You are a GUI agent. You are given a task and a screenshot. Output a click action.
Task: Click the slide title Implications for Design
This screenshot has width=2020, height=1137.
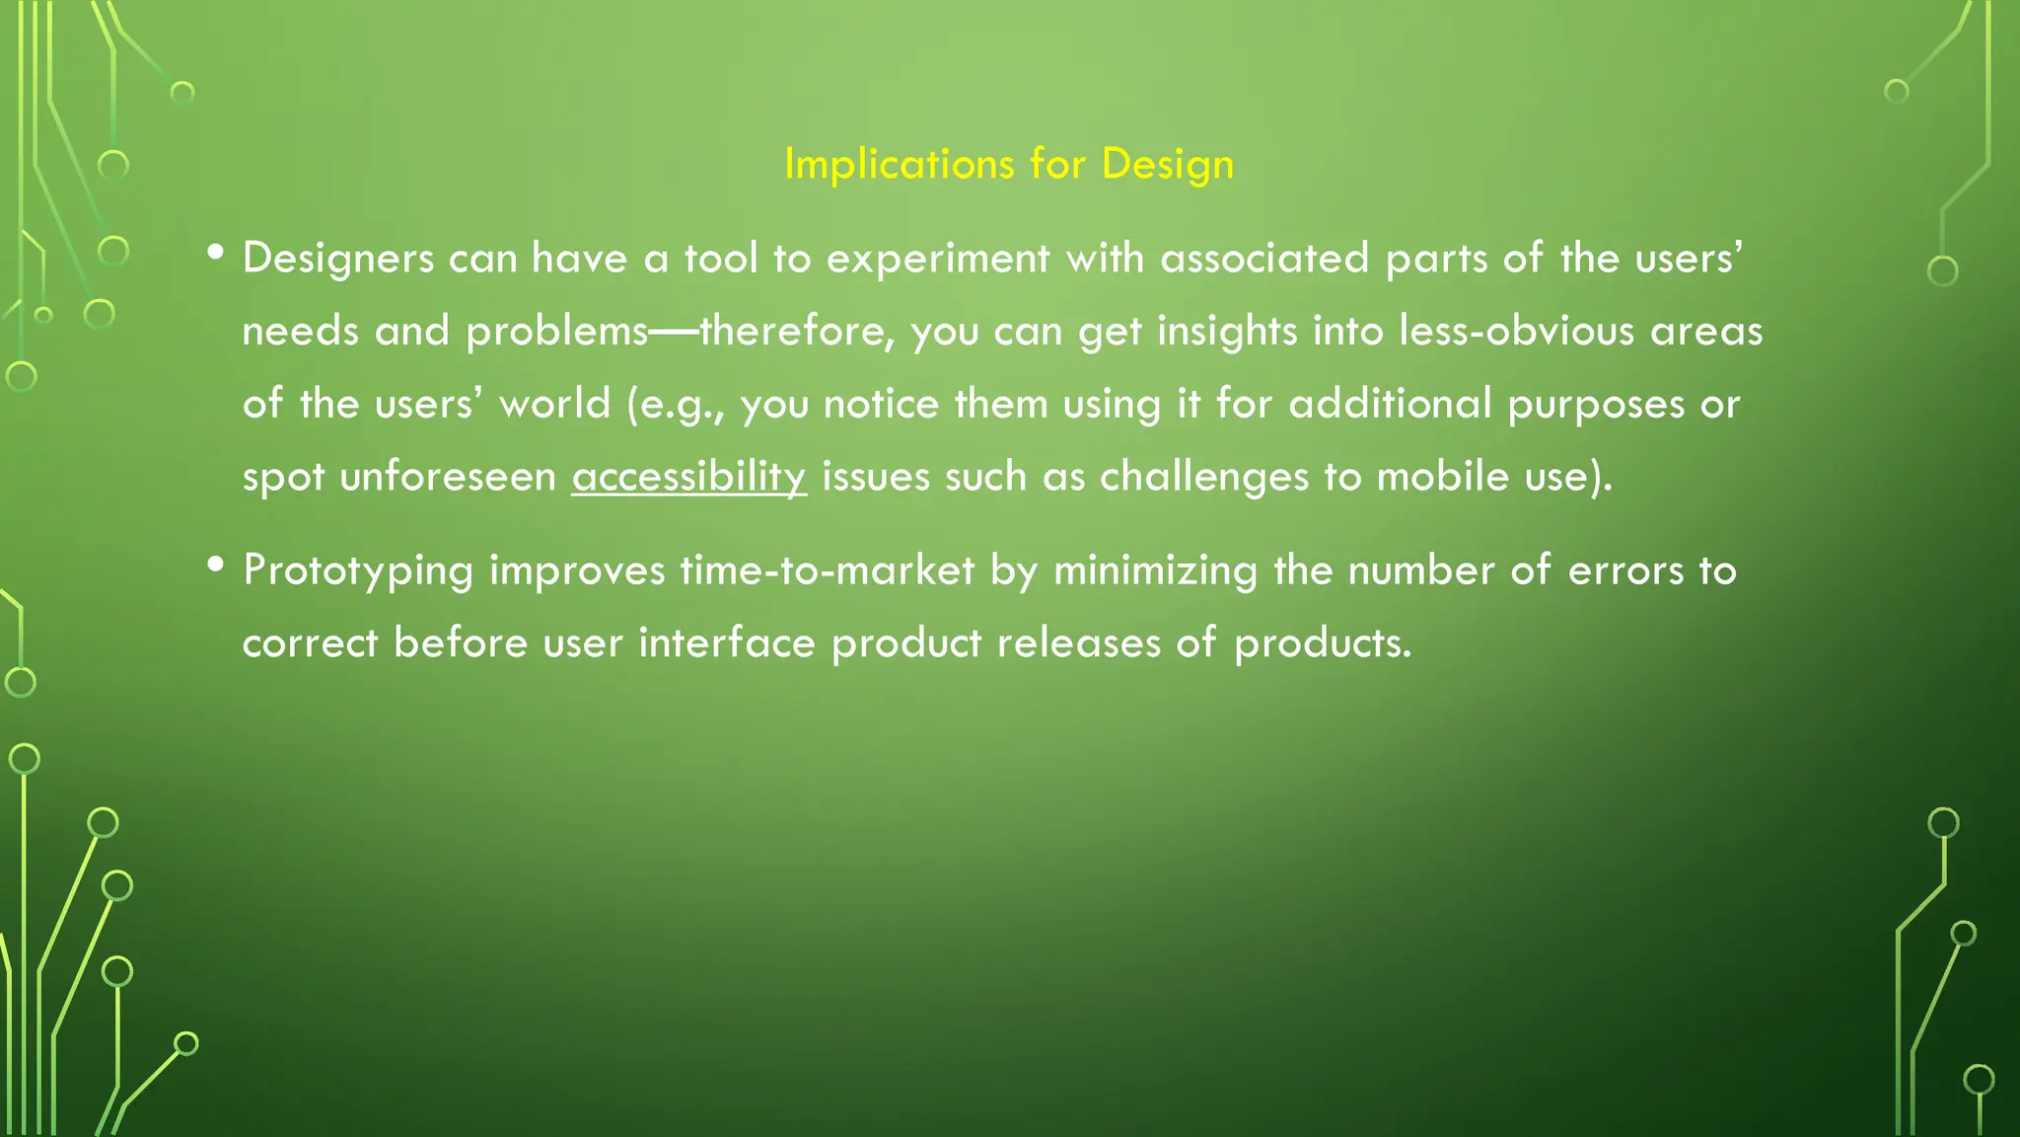coord(1009,164)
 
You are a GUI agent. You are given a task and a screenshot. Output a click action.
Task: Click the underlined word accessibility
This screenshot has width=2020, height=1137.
coord(688,477)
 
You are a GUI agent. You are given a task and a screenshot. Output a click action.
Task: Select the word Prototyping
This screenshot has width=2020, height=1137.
coord(358,571)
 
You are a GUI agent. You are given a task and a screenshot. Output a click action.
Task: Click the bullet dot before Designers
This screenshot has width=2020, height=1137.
coord(215,254)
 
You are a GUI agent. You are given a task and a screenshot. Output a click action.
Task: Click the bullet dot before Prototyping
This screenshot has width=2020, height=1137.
coord(215,566)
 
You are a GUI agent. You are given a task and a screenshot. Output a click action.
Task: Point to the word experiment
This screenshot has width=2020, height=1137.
coord(937,259)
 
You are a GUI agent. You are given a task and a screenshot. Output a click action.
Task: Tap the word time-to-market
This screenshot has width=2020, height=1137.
coord(828,571)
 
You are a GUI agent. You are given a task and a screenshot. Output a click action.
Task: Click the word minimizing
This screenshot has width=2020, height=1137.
coord(1155,571)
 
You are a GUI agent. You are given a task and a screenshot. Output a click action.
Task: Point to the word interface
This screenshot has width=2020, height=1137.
coord(727,644)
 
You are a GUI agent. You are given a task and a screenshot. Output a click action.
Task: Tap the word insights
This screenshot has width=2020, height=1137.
coord(1226,332)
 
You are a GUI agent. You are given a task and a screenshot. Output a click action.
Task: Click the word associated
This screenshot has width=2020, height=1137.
coord(1264,259)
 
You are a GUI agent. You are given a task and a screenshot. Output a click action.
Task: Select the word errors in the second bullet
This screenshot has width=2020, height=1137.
coord(1624,571)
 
